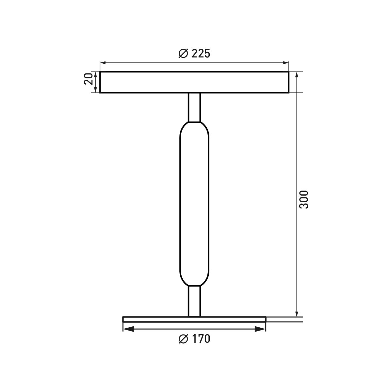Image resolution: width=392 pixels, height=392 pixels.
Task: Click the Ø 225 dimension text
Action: pos(194,53)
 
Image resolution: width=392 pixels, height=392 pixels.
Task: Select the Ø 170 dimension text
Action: pos(194,339)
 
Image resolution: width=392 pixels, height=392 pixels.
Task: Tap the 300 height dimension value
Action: pos(303,199)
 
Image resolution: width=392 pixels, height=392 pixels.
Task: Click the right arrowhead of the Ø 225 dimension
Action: pos(286,62)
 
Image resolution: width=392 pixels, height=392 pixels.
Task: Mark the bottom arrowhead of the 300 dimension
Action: pos(297,314)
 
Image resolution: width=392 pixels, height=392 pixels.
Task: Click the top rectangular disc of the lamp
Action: pos(194,82)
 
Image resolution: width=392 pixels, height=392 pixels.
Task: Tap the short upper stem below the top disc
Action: pos(194,107)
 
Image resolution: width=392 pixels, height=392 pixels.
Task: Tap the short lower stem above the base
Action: pos(194,301)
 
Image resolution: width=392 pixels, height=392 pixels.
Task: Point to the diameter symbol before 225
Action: pos(183,53)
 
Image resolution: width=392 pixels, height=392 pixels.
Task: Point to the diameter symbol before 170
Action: pos(183,339)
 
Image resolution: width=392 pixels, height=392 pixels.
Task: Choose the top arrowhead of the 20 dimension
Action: pos(95,74)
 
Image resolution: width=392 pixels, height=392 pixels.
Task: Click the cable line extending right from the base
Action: pos(284,319)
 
